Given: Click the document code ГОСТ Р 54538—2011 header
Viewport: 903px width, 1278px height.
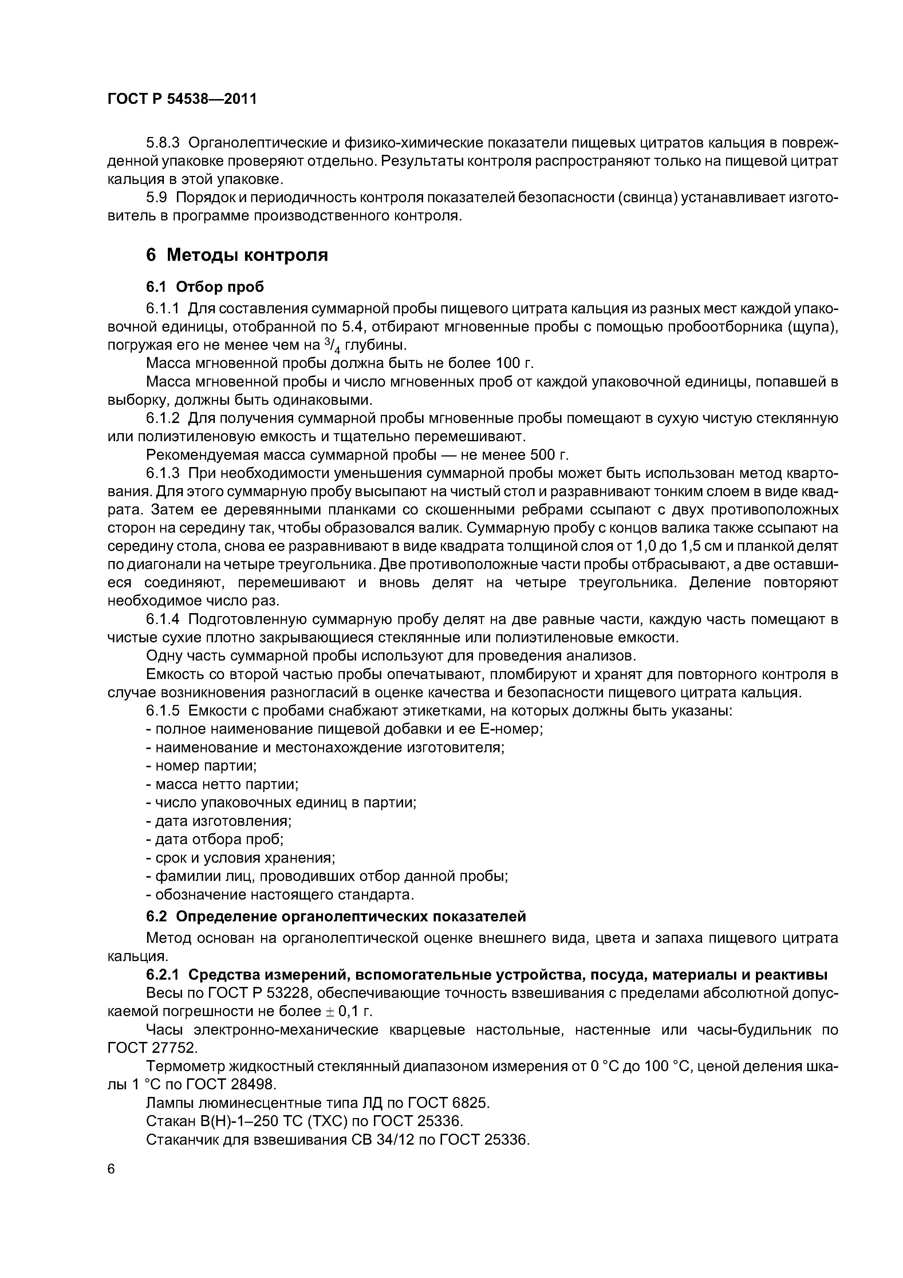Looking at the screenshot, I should click(x=182, y=99).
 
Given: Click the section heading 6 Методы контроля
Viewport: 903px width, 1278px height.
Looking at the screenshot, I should click(x=236, y=255).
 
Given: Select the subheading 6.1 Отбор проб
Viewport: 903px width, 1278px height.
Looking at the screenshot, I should click(x=205, y=287).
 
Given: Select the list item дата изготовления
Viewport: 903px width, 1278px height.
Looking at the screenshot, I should click(x=219, y=821).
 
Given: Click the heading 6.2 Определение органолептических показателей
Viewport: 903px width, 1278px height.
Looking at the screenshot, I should click(x=335, y=916).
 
